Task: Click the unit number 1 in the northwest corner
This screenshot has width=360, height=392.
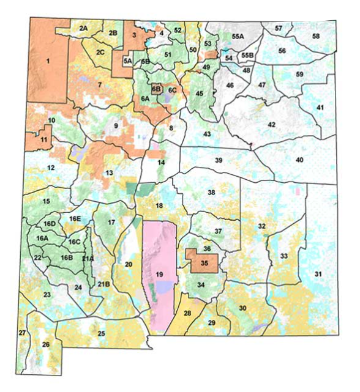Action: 47,61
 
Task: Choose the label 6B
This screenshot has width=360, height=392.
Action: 157,89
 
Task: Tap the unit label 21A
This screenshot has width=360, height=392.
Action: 88,259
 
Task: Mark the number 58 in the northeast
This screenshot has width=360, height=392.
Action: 316,37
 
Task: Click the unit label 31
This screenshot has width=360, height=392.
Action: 318,273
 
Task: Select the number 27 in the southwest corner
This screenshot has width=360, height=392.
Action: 22,332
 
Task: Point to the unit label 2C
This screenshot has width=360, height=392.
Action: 100,52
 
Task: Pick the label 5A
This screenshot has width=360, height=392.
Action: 127,61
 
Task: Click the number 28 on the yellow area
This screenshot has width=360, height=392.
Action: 187,313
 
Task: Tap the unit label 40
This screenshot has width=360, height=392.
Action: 299,160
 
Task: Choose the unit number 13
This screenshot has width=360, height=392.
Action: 109,173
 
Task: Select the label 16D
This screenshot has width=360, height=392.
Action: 50,224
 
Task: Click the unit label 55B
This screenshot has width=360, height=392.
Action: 247,56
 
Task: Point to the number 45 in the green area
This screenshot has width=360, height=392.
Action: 199,94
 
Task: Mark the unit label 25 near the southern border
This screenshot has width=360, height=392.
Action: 101,333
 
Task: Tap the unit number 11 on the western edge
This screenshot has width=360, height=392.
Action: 44,139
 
